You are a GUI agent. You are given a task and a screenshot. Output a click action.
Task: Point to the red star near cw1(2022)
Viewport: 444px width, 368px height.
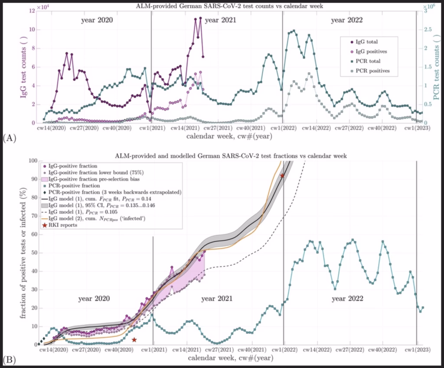tap(282, 175)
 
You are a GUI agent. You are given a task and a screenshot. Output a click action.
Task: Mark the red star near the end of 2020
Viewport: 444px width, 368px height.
tap(134, 340)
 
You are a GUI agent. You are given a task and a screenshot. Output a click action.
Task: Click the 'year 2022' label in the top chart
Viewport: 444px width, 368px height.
tap(346, 20)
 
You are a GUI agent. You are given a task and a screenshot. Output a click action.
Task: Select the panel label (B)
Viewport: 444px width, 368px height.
tap(9, 359)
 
